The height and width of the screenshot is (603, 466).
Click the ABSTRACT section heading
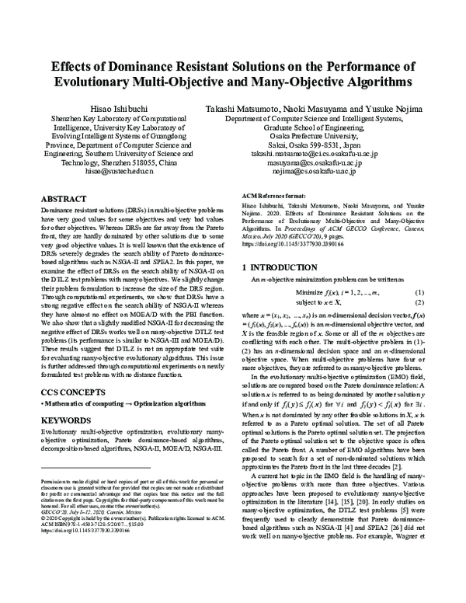[x=63, y=199]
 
